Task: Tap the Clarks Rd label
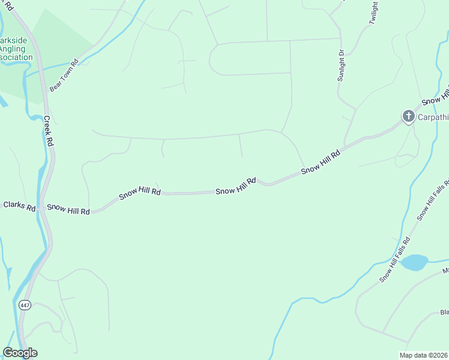coord(19,205)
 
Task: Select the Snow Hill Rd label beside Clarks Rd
coord(68,209)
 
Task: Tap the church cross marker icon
coord(408,116)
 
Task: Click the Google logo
coord(20,353)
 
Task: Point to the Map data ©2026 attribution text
coord(424,355)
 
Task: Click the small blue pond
coord(414,262)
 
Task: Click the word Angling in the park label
coord(15,49)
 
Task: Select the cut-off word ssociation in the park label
coord(16,57)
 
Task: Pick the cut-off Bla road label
coord(444,312)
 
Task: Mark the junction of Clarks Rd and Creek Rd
coord(41,208)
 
